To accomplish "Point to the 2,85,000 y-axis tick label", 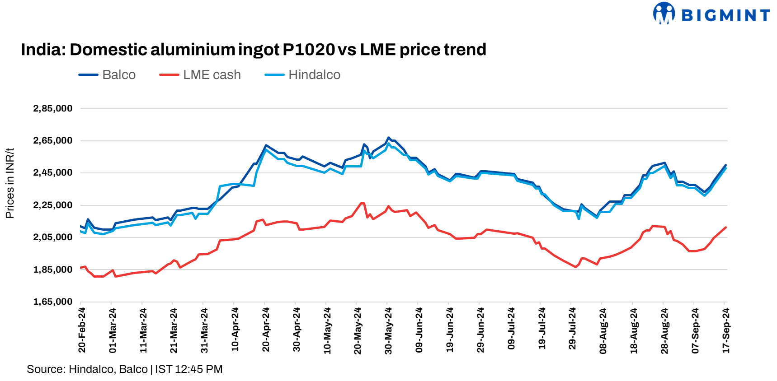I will click(x=53, y=108).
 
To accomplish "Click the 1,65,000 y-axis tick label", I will click(x=53, y=302).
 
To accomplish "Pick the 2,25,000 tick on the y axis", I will click(x=53, y=205).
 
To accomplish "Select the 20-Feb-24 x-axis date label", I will click(x=82, y=330).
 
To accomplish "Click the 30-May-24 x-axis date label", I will click(x=388, y=330).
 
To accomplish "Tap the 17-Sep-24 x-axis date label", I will click(x=726, y=330).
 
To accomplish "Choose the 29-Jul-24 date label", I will click(x=572, y=330).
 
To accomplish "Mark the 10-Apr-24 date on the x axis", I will click(x=235, y=330).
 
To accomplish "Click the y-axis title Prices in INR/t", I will click(x=10, y=183).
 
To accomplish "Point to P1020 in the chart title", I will click(x=309, y=50).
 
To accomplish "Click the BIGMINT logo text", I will click(x=725, y=15).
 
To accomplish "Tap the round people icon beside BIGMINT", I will click(x=664, y=13).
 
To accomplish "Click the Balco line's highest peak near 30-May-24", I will click(x=388, y=138).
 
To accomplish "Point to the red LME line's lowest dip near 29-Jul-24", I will click(x=576, y=267).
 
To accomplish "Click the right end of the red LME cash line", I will click(x=725, y=228).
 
